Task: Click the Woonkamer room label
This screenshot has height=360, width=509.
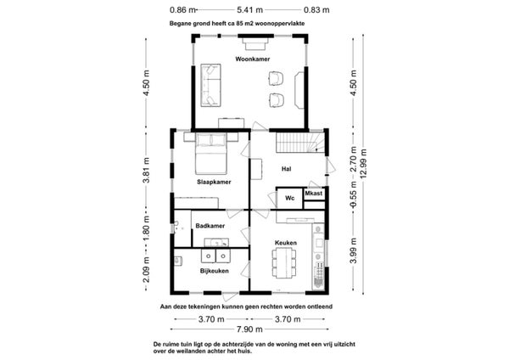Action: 253,59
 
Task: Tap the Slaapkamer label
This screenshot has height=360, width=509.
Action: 214,182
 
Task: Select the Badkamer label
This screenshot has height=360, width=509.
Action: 210,226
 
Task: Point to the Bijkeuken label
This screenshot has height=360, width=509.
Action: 215,271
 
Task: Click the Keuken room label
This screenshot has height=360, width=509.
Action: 286,243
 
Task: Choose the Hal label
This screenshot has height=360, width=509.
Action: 287,169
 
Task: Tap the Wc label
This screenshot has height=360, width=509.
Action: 289,198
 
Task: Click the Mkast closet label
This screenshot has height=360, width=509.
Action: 314,194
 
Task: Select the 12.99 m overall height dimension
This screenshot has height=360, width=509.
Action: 363,163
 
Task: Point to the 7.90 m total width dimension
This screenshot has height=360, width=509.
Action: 249,329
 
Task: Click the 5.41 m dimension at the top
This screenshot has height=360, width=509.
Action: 249,10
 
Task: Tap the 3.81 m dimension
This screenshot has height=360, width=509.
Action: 147,171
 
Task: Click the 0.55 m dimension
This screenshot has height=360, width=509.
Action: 354,194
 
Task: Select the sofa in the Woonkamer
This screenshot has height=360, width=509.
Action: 210,85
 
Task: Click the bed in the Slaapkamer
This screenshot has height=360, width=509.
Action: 210,153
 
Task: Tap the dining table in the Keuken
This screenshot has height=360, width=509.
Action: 284,263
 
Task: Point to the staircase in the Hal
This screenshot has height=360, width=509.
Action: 300,143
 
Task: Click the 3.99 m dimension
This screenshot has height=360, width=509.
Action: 354,250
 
